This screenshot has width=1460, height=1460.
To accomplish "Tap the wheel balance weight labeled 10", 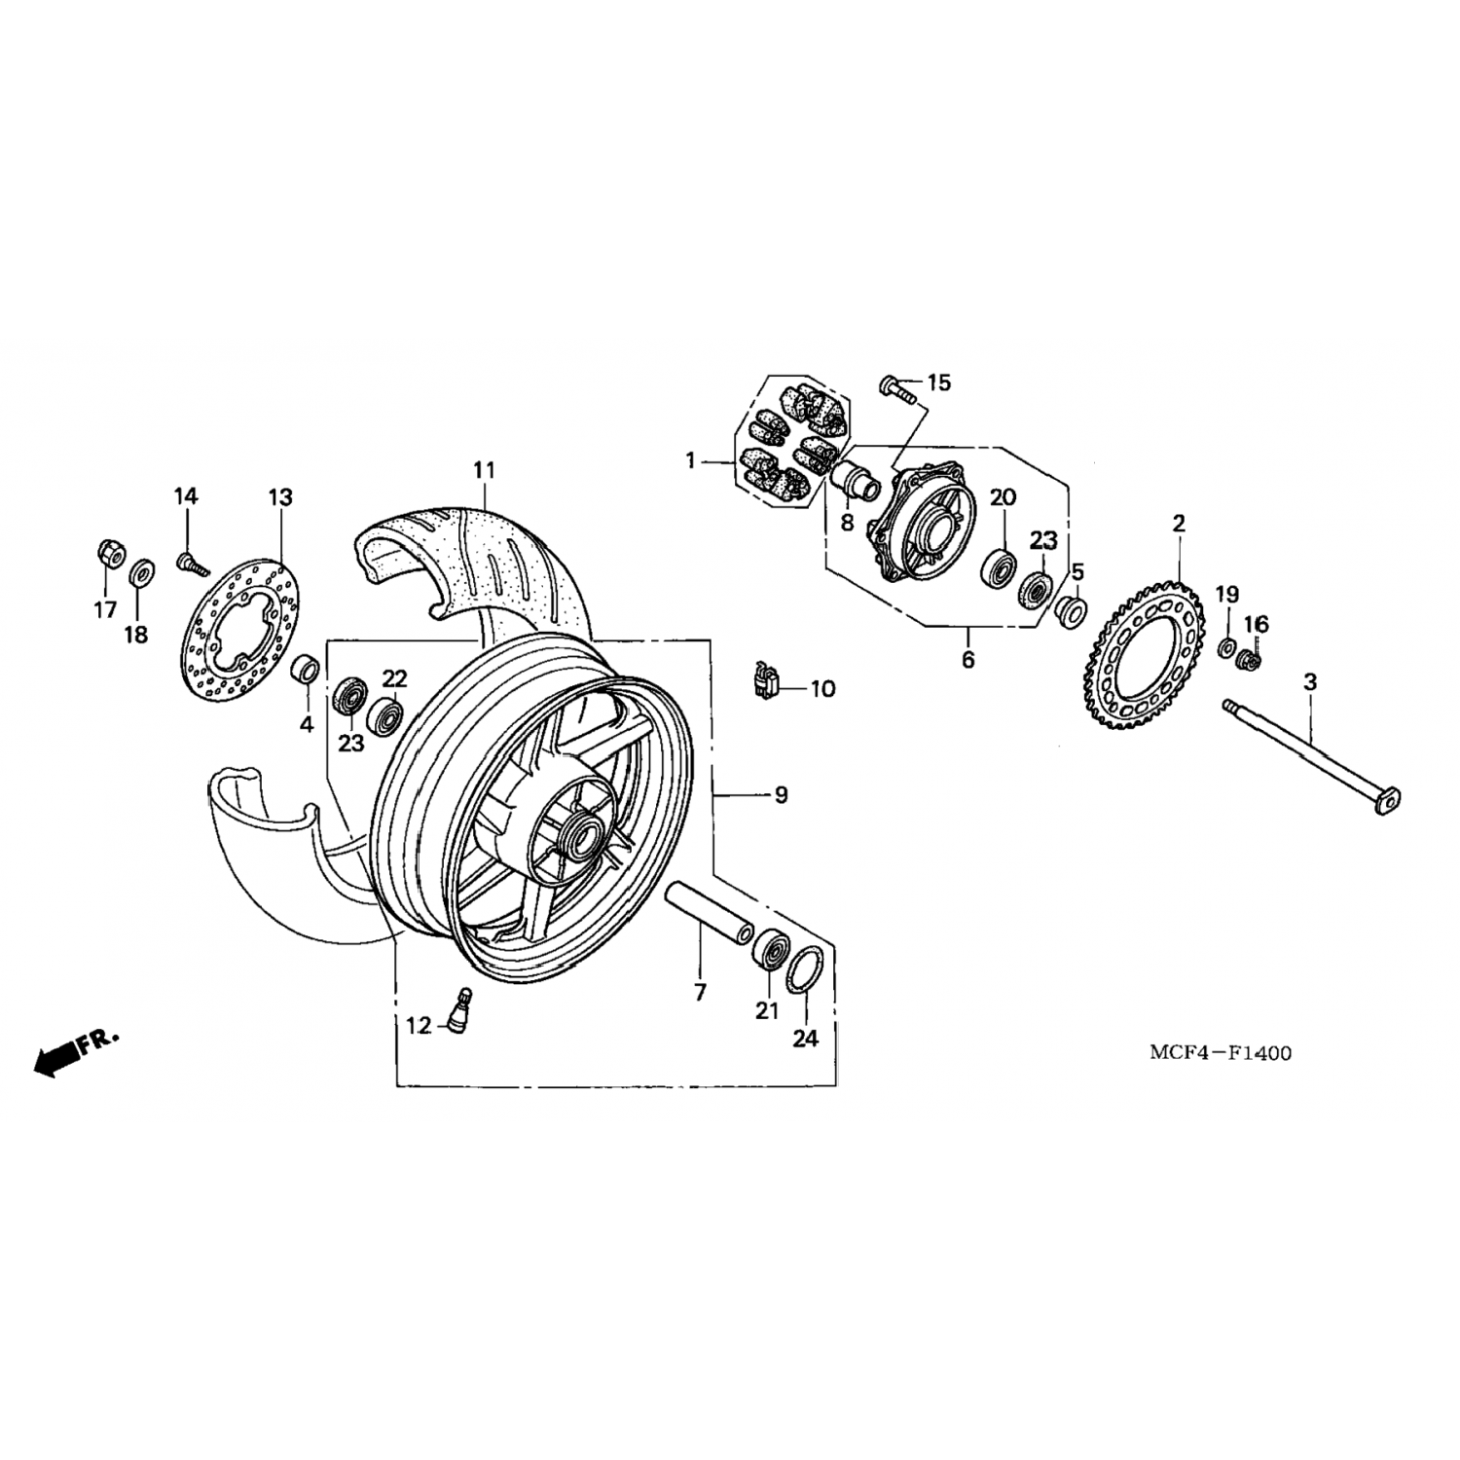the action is pyautogui.click(x=766, y=680).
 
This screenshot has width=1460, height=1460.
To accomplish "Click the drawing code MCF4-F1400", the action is pyautogui.click(x=1220, y=1052).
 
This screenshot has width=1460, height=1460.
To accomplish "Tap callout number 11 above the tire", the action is pyautogui.click(x=485, y=471).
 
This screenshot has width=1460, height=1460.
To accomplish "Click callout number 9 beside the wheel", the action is pyautogui.click(x=780, y=795).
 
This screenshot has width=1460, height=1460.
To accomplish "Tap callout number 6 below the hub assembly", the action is pyautogui.click(x=967, y=659).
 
